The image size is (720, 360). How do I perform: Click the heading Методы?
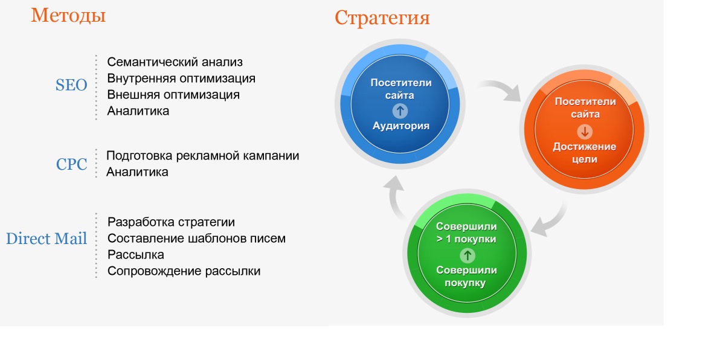click(68, 16)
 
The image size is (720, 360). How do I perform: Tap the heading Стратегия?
click(382, 18)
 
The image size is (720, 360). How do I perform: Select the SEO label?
click(71, 85)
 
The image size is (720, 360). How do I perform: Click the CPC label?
click(72, 164)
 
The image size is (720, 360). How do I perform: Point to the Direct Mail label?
click(47, 239)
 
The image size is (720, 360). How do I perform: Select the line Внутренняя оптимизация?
click(181, 78)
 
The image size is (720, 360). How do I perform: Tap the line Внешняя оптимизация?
click(173, 95)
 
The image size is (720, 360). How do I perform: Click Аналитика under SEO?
click(138, 111)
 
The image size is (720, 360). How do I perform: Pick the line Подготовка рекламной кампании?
click(203, 156)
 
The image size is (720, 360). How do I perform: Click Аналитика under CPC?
click(137, 172)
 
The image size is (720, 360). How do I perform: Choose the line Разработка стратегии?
click(172, 222)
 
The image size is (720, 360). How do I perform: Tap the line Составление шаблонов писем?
click(196, 239)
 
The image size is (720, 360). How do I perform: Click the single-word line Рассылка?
click(136, 254)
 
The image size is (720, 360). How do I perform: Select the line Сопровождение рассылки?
click(184, 271)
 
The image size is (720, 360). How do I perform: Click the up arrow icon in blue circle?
click(400, 111)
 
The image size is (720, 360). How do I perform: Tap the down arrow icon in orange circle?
click(585, 132)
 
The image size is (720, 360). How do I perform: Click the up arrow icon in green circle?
click(467, 256)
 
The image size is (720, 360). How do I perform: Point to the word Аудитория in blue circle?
click(401, 126)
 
